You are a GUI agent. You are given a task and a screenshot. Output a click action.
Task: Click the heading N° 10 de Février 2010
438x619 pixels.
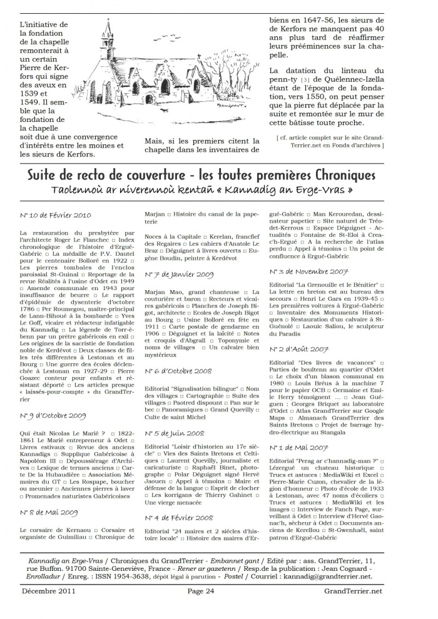pos(55,216)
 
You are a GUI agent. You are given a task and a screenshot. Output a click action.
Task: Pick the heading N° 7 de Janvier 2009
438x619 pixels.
pos(178,274)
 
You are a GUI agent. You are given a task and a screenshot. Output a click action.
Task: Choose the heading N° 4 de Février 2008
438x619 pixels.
pos(178,518)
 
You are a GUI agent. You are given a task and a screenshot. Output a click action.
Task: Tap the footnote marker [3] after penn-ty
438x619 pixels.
pos(305,81)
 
